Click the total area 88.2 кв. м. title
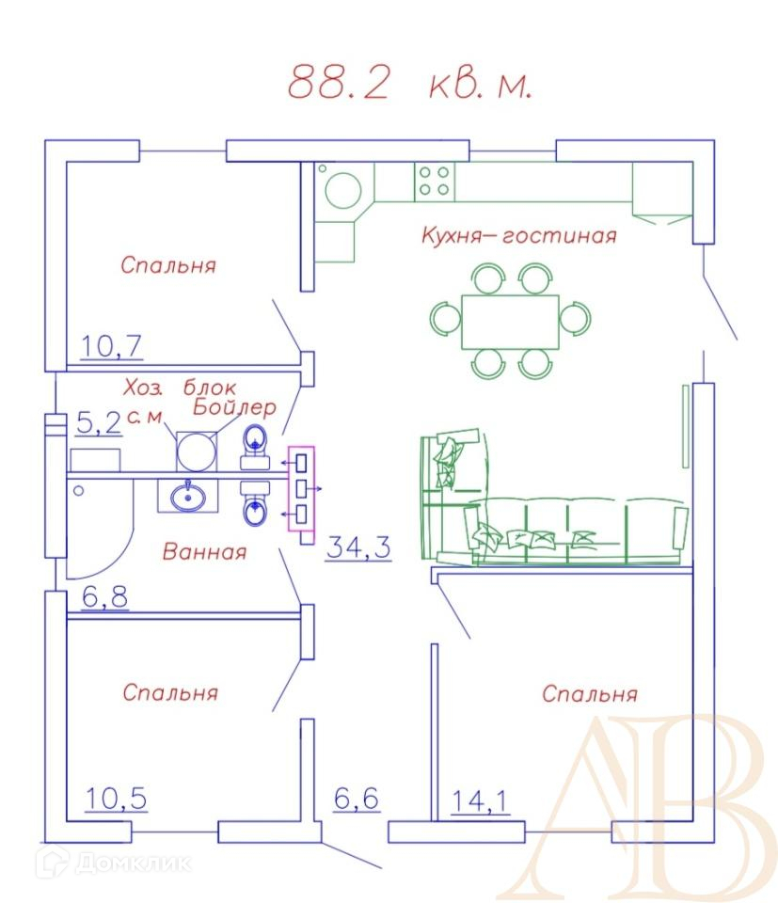pyautogui.click(x=409, y=83)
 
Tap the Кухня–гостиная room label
pyautogui.click(x=519, y=235)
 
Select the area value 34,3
pyautogui.click(x=358, y=547)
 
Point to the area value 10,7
pyautogui.click(x=111, y=347)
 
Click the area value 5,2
pyautogui.click(x=99, y=422)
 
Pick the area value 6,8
pyautogui.click(x=104, y=596)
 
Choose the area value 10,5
pyautogui.click(x=116, y=799)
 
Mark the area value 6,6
pyautogui.click(x=357, y=799)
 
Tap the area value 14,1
pyautogui.click(x=480, y=801)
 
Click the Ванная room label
pyautogui.click(x=204, y=552)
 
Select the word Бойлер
pyautogui.click(x=234, y=407)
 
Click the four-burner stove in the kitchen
pyautogui.click(x=435, y=181)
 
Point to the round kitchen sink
pyautogui.click(x=343, y=190)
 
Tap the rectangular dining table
pyautogui.click(x=510, y=322)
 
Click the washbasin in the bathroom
pyautogui.click(x=188, y=497)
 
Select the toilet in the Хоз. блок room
pyautogui.click(x=255, y=448)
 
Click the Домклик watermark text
pyautogui.click(x=134, y=863)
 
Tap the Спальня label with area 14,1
pyautogui.click(x=590, y=694)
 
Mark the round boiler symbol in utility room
pyautogui.click(x=197, y=451)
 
